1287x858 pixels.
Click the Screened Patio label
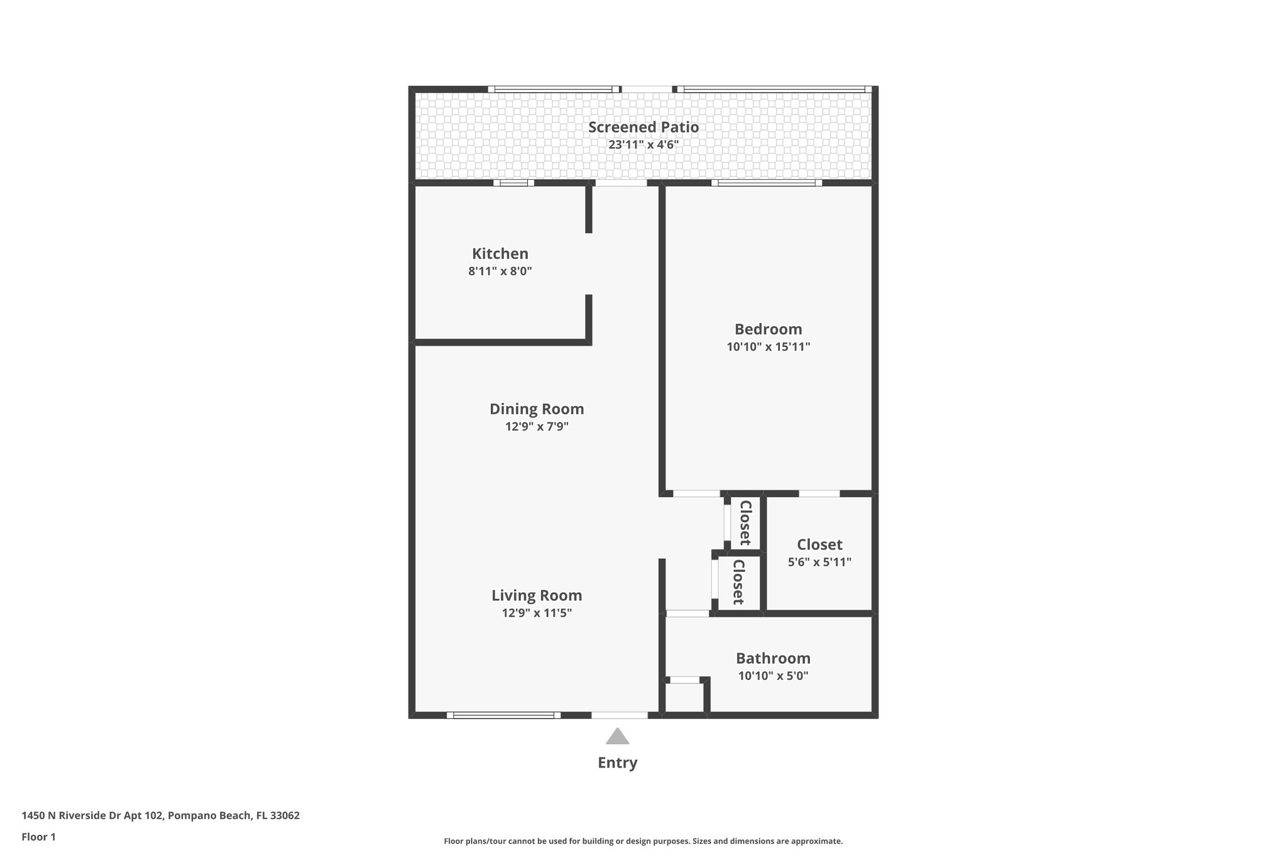tap(643, 127)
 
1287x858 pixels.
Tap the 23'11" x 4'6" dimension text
tap(643, 145)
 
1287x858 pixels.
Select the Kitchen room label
tap(500, 254)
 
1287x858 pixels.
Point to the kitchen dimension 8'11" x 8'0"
tap(500, 272)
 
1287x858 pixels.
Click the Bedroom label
tap(768, 329)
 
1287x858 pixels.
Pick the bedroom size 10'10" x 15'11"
tap(768, 347)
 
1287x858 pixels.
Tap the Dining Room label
tap(536, 409)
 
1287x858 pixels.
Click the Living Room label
tap(536, 595)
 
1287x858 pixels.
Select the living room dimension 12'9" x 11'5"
tap(536, 613)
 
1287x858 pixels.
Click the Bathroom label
tap(773, 658)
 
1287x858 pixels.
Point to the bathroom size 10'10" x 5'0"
tap(773, 676)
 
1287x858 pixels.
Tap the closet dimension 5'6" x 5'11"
tap(819, 562)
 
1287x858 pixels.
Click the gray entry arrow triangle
tap(617, 737)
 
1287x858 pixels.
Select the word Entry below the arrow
tap(617, 762)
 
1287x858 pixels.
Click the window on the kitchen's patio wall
tap(513, 183)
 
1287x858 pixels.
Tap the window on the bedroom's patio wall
tap(766, 183)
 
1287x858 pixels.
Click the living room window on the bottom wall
tap(503, 715)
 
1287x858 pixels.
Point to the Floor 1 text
tap(38, 837)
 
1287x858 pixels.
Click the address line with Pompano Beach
tap(160, 816)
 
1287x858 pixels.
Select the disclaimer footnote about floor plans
tap(643, 841)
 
